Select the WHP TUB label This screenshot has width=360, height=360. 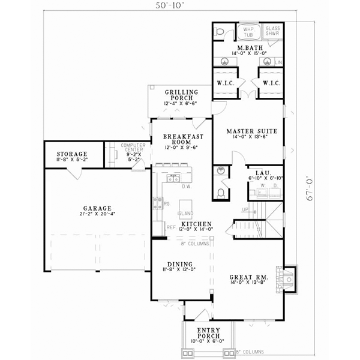click(248, 31)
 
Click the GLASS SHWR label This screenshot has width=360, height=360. click(274, 31)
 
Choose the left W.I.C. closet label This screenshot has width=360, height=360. click(226, 83)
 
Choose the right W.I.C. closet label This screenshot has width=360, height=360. click(268, 83)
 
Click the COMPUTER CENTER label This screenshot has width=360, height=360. click(133, 149)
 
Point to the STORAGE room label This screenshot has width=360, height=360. click(71, 154)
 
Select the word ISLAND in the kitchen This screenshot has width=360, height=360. click(185, 214)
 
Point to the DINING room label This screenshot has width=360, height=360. click(180, 263)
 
